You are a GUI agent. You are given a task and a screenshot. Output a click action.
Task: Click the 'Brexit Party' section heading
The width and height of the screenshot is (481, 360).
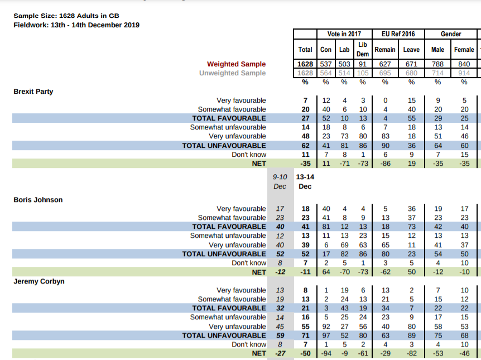pos(33,92)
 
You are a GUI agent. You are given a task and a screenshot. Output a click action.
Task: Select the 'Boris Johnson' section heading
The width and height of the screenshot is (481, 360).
pos(38,200)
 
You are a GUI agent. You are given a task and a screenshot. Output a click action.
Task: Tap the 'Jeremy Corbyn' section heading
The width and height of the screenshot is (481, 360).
pos(39,281)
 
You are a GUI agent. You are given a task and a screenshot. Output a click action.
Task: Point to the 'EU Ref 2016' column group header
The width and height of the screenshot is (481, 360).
pos(398,34)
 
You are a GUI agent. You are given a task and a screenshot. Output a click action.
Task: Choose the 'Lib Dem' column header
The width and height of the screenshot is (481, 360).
pos(363,49)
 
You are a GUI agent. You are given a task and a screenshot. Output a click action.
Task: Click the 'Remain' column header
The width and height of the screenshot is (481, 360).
pos(385,50)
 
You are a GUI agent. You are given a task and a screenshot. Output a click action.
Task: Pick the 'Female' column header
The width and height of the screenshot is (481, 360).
pos(464,50)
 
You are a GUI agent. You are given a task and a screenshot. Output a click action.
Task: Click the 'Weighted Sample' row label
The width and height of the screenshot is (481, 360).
pos(237,64)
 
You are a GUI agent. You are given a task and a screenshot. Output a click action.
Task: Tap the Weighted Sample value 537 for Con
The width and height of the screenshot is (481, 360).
pos(326,64)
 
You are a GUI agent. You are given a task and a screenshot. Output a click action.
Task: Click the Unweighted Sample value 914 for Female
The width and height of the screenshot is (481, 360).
pos(464,73)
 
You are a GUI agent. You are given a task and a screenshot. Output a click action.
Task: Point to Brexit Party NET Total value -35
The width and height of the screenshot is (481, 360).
pos(305,164)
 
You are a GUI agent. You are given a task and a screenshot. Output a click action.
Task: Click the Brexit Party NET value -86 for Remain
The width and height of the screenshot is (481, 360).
pos(385,164)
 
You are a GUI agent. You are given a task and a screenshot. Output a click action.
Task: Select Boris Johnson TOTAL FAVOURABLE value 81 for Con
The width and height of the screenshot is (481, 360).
pos(326,227)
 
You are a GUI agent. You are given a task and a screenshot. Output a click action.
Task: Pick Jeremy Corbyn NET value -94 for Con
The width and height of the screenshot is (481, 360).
pos(326,354)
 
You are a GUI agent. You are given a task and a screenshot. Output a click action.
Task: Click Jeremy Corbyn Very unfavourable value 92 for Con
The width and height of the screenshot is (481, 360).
pos(326,327)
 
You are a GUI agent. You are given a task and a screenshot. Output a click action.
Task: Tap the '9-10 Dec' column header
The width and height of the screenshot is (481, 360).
pos(280,181)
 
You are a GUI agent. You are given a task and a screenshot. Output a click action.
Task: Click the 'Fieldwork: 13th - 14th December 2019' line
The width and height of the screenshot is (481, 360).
pos(76,25)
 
